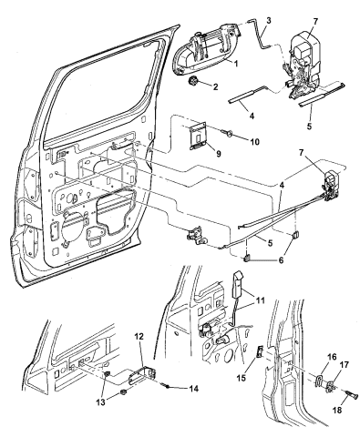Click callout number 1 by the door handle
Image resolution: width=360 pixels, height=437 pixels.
pyautogui.click(x=235, y=64)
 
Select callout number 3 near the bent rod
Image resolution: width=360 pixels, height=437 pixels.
pyautogui.click(x=269, y=20)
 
